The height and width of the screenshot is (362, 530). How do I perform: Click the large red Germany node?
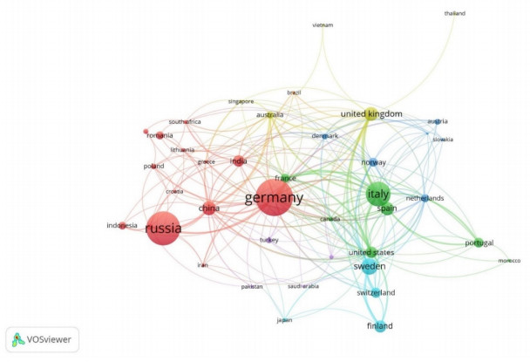coord(274,198)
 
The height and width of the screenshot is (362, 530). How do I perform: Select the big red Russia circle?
coord(163,229)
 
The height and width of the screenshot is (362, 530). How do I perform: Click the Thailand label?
coord(455,14)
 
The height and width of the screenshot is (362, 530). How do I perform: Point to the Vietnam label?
coord(323,25)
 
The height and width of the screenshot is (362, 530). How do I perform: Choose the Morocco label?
coord(508,261)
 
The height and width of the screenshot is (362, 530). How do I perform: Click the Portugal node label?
coord(479,242)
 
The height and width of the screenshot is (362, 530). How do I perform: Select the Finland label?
coord(379,326)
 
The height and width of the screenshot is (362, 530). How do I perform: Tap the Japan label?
coord(284,320)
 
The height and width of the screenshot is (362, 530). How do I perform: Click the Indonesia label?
coord(122,226)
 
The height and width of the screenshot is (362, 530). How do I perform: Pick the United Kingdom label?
coord(371,114)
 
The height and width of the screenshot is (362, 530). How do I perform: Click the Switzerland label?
coord(376,292)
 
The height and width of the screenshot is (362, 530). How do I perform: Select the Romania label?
coord(160,135)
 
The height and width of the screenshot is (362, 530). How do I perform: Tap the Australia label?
coord(269,115)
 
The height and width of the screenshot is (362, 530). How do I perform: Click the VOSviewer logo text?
coord(51,339)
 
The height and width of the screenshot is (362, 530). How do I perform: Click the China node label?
coord(209,208)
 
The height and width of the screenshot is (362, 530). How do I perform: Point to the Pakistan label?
coord(252,286)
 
